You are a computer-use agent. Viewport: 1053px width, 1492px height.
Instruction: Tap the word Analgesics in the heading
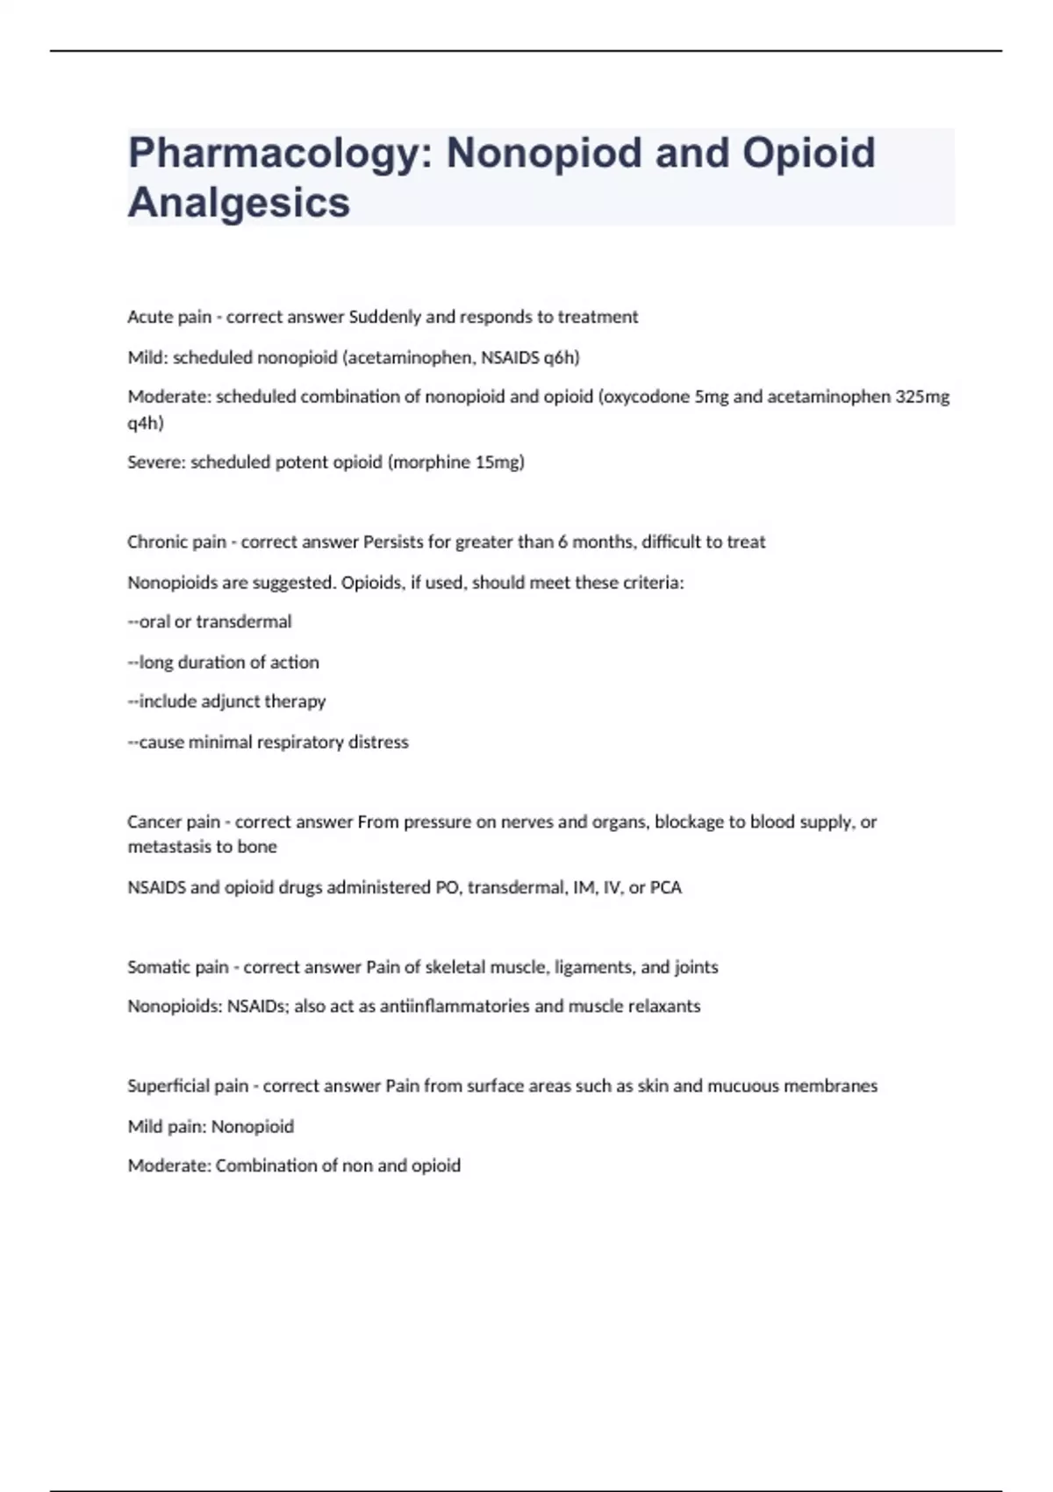tap(239, 203)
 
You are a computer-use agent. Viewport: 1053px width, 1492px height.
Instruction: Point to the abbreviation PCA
tap(666, 887)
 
